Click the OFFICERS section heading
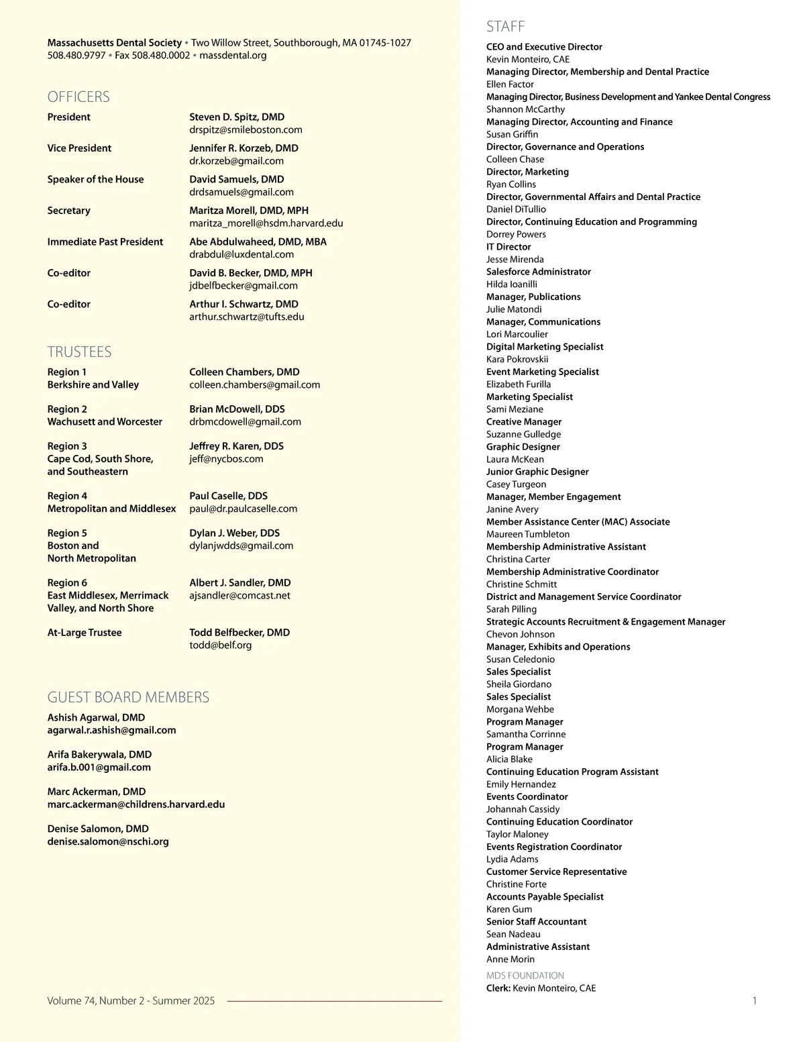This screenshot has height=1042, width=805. coord(78,97)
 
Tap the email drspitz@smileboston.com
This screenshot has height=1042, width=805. coord(246,129)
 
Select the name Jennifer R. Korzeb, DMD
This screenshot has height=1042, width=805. coord(244,148)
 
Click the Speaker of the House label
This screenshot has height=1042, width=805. coord(95,179)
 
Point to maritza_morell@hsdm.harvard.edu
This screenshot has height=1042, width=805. coord(266,223)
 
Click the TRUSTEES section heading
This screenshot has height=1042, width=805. coord(79,352)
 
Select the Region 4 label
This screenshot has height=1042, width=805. coord(67,496)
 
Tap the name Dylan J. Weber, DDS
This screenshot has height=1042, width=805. coord(234,533)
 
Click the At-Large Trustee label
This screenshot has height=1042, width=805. coord(85,632)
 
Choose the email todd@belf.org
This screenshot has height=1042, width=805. coord(220,645)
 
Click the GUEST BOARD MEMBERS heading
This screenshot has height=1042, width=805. coord(128,697)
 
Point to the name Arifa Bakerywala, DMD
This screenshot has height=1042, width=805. coord(99,754)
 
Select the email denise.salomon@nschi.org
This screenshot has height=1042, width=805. coord(108,841)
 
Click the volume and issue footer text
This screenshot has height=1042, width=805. coord(131,1000)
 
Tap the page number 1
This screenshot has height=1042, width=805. coord(755,1000)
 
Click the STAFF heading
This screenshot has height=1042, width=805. coord(505,26)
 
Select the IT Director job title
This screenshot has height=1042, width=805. coord(508,247)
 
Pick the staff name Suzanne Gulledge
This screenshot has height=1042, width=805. coord(523,434)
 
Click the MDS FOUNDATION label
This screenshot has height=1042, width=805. coord(525,976)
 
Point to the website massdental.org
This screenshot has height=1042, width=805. coord(233,55)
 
